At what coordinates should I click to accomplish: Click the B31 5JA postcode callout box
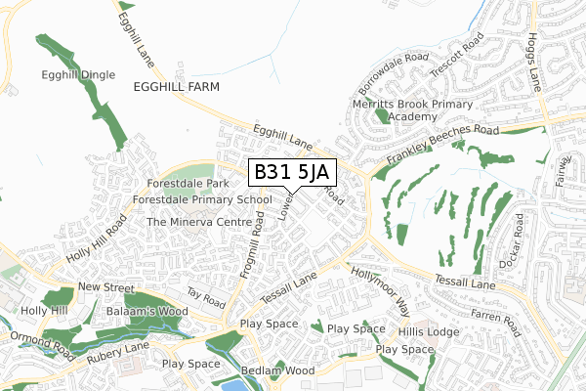click(294, 173)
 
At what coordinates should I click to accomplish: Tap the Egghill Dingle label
click(79, 74)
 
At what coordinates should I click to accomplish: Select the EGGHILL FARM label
click(177, 87)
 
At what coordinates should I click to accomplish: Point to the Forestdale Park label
click(188, 183)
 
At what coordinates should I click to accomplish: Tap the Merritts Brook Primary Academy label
click(414, 109)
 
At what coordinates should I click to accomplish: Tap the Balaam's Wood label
click(136, 311)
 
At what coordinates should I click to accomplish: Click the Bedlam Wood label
click(276, 370)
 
